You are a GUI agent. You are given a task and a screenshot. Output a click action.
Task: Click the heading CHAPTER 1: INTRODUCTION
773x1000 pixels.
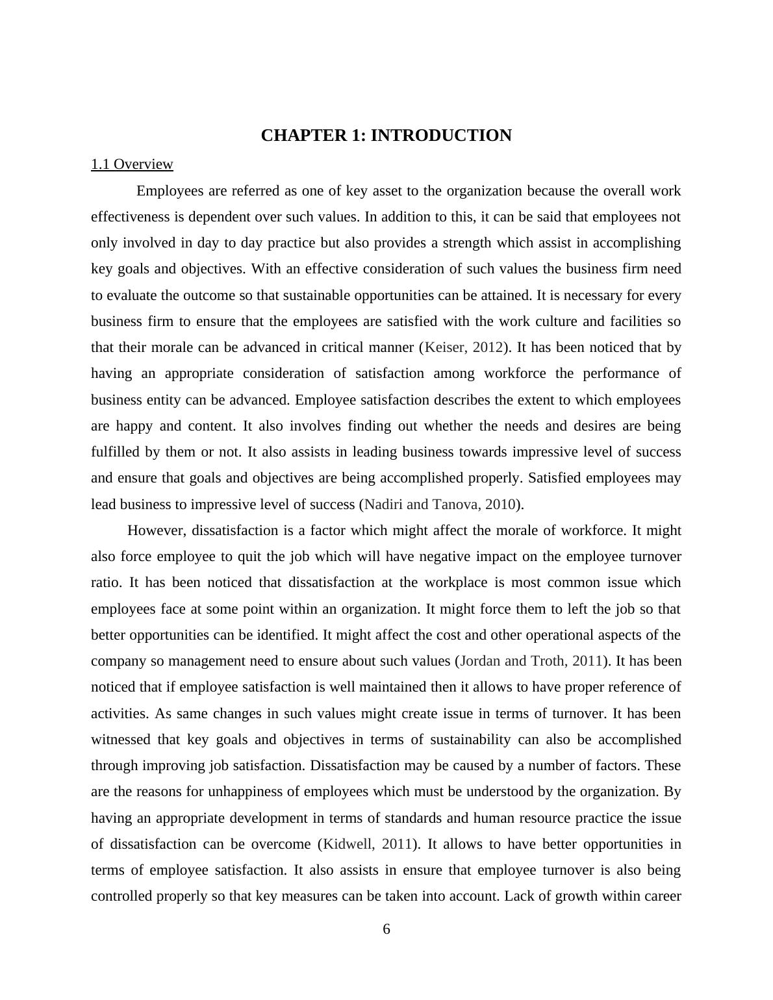click(386, 136)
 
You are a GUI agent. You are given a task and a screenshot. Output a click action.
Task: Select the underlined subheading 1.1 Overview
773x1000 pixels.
click(132, 164)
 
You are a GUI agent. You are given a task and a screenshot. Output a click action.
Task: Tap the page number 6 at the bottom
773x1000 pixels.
click(386, 929)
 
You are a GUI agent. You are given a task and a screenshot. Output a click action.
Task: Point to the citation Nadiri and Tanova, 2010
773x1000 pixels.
click(440, 505)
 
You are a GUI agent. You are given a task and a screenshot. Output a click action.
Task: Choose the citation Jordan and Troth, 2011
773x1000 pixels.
click(531, 661)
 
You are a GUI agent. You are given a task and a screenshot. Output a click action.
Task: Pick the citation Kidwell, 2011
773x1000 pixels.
click(368, 844)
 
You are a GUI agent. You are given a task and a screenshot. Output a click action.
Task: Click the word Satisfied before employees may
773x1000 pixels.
click(554, 478)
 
